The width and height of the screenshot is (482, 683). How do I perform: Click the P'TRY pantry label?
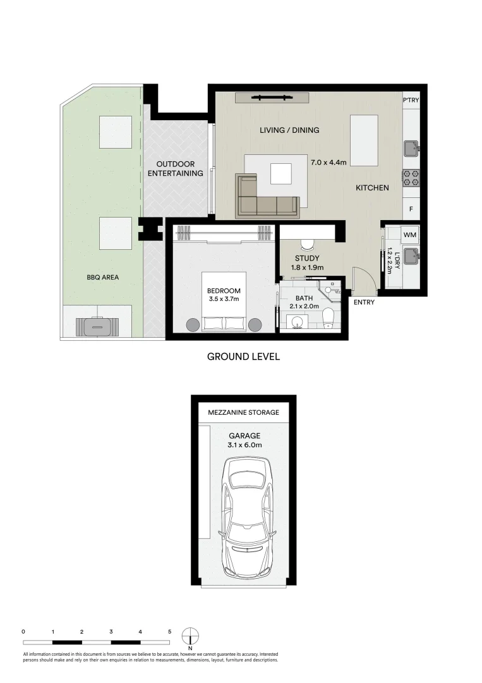411,99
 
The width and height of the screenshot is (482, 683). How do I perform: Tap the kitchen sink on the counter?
411,148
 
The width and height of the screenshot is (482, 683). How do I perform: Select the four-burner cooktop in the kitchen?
411,178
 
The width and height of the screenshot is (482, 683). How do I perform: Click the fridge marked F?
411,209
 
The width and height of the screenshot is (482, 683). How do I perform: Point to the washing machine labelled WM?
410,235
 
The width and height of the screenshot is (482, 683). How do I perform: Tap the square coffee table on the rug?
281,173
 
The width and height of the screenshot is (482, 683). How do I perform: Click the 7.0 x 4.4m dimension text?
328,163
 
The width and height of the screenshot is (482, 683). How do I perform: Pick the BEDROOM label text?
224,292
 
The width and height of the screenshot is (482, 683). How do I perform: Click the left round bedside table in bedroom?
192,324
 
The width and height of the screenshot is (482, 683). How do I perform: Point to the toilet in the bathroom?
328,317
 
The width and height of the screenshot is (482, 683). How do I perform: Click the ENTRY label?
364,302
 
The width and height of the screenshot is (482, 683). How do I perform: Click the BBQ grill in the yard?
97,326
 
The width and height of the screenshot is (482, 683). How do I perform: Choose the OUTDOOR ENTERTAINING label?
175,168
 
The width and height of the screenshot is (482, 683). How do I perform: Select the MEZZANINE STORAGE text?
243,412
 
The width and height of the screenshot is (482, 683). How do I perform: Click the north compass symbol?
190,635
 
